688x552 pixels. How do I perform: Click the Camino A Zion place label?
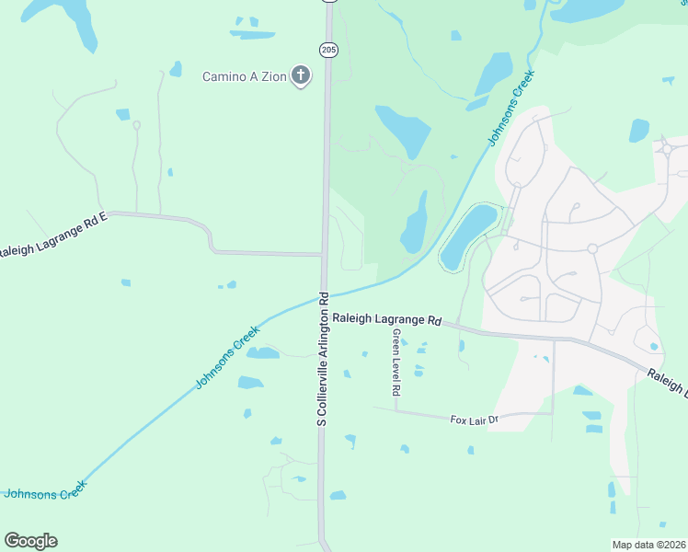(x=244, y=75)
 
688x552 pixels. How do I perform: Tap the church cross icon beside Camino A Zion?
(x=300, y=75)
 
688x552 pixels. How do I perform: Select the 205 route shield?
(x=328, y=50)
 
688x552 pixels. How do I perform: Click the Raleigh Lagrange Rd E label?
(x=53, y=236)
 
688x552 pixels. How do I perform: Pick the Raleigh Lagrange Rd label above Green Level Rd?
(x=387, y=318)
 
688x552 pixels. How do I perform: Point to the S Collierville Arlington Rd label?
(x=323, y=360)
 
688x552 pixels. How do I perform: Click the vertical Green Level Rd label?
(x=396, y=362)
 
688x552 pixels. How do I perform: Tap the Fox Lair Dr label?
(x=474, y=420)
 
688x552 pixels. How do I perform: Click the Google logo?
(x=30, y=541)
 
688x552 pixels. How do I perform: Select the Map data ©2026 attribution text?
(x=649, y=545)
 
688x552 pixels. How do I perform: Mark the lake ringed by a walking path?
(x=468, y=236)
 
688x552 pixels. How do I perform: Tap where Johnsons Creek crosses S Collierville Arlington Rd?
(x=325, y=295)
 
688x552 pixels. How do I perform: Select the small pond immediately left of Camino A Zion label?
(x=176, y=69)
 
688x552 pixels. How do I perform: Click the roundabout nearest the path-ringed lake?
(x=592, y=248)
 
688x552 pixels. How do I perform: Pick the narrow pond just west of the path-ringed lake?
(x=415, y=223)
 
